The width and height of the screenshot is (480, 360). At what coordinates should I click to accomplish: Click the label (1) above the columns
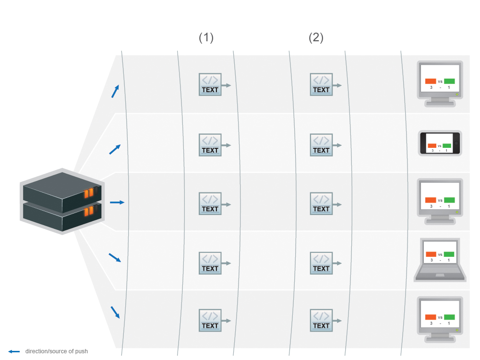pos(206,37)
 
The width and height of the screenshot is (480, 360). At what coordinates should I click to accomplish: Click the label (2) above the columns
pos(316,37)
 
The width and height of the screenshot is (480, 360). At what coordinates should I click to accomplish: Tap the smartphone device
pos(440,143)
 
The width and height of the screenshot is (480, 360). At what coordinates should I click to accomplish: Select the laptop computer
pos(440,260)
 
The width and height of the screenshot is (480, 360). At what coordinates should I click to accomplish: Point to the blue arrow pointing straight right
pos(117,203)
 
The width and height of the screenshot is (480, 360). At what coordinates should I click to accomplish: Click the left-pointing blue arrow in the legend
pos(14,351)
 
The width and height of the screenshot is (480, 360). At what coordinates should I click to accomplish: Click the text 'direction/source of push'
pos(57,351)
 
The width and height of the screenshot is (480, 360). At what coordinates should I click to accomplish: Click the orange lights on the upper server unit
pos(89,193)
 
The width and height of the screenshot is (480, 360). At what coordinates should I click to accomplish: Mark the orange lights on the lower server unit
pos(89,211)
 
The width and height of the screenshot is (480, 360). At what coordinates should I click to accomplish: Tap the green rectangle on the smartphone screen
pos(447,146)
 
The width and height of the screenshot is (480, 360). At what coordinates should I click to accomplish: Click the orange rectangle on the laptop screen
pos(431,254)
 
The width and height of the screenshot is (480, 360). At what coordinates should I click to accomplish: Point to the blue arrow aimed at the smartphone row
pos(115,149)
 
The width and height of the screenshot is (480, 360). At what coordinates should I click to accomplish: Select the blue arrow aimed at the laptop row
pos(115,258)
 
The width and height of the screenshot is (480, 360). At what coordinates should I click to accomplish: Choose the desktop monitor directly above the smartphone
pos(440,84)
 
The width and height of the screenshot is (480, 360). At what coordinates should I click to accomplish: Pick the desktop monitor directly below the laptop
pos(440,319)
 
